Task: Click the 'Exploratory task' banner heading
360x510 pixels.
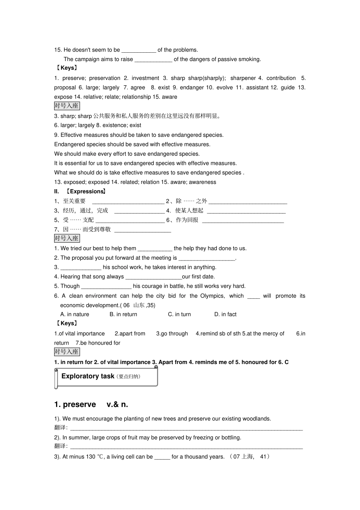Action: coord(88,376)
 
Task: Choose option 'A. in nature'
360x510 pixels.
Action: coord(75,314)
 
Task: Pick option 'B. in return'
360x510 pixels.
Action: coord(123,314)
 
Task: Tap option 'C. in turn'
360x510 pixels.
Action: coord(179,314)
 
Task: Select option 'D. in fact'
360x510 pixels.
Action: coord(225,314)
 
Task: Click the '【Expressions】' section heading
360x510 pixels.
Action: coord(86,191)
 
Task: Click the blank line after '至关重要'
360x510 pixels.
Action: coord(128,202)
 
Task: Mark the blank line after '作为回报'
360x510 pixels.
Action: coord(243,221)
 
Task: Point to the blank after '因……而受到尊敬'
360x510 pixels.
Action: coord(142,230)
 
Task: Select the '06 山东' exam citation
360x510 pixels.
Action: coord(134,305)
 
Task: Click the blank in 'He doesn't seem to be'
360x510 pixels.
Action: coord(139,50)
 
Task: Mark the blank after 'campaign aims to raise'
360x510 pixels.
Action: coord(153,60)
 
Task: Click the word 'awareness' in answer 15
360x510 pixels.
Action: coord(202,182)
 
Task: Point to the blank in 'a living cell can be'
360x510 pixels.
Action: coord(162,457)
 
